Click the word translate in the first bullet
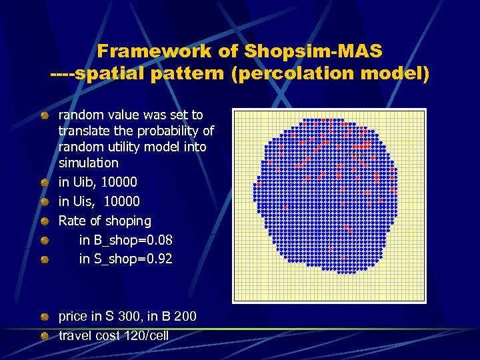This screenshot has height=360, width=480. pos(83,131)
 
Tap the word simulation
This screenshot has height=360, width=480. pos(88,163)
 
